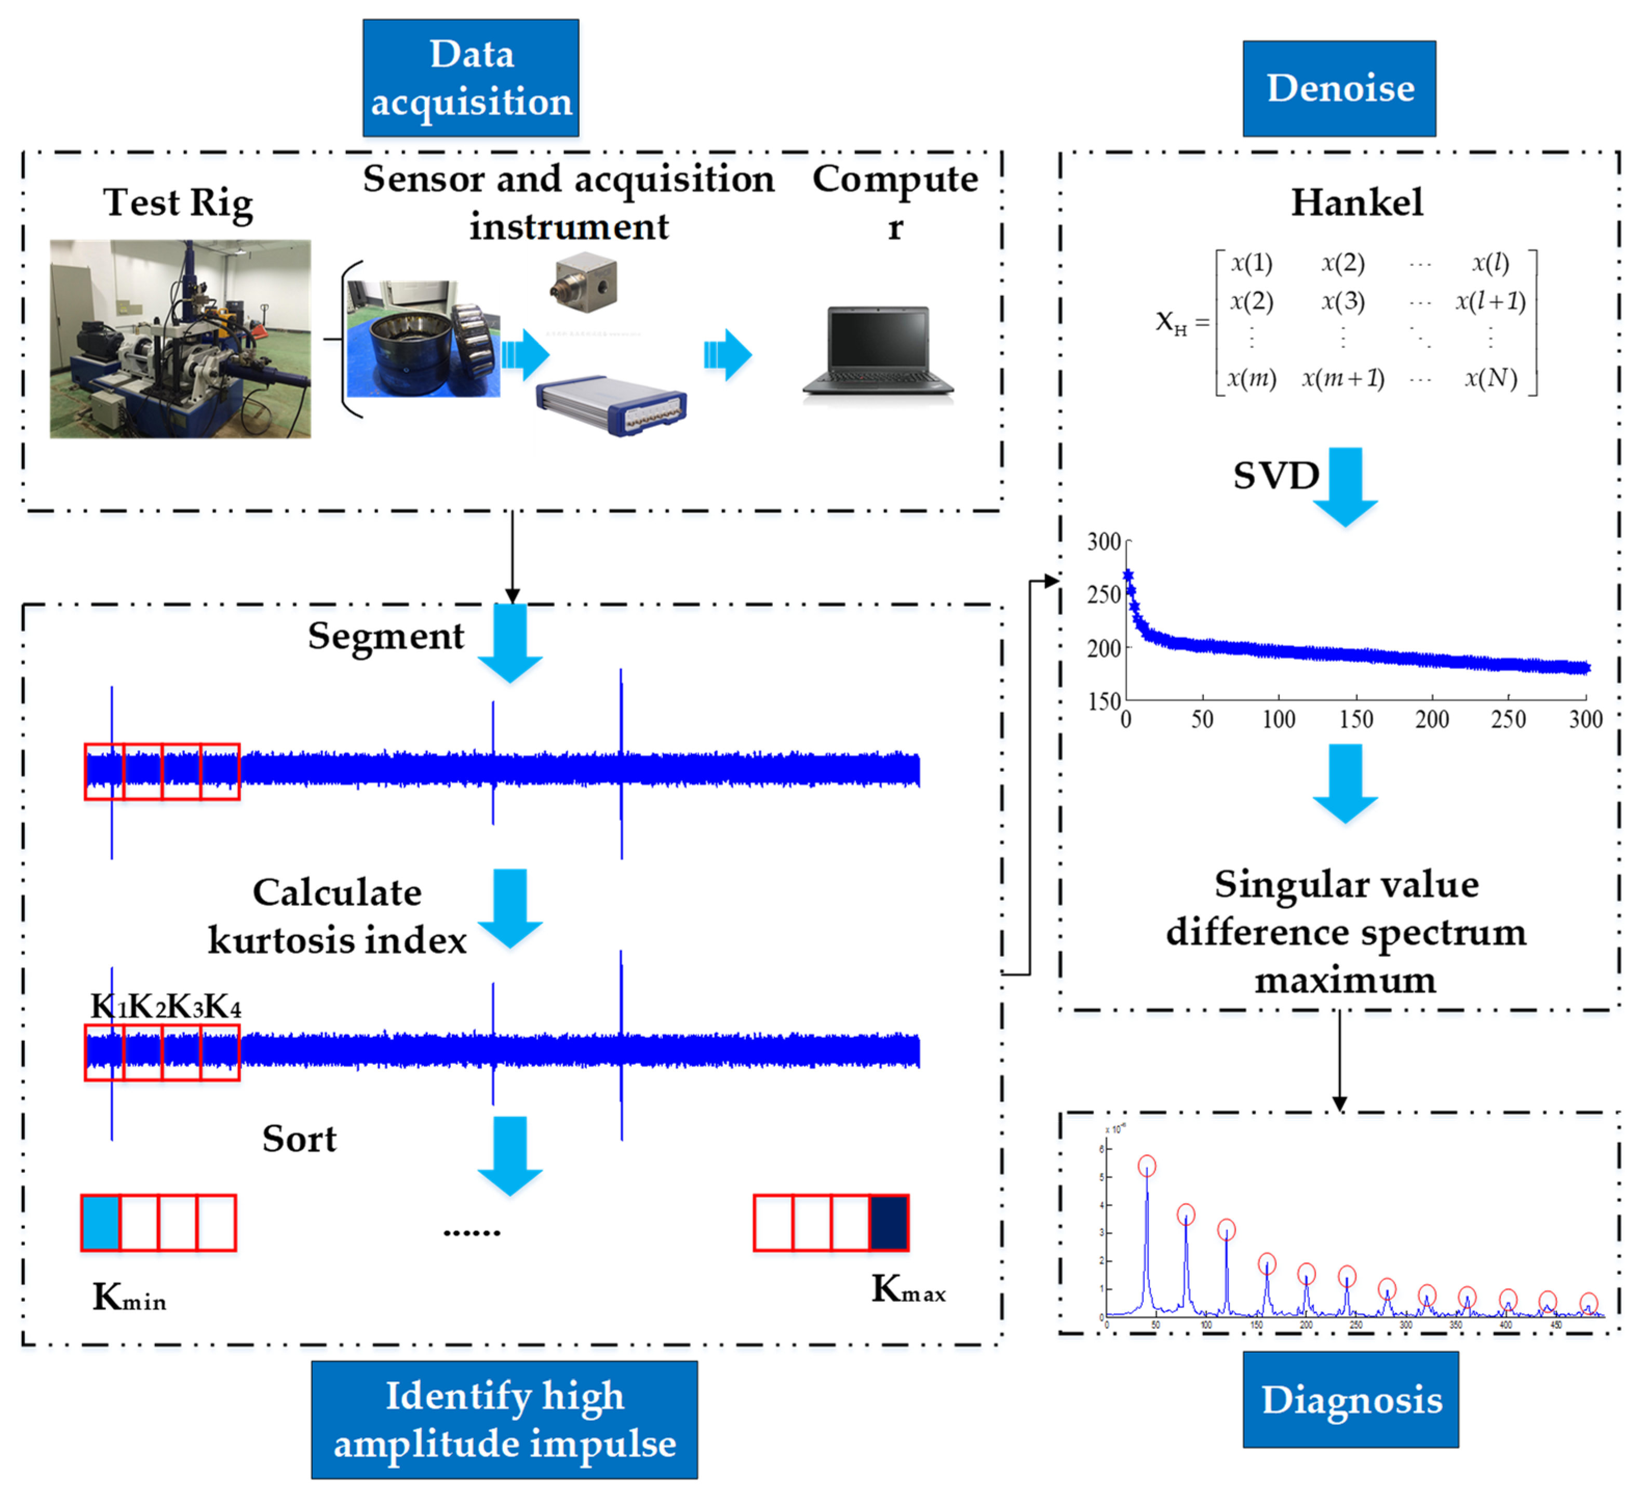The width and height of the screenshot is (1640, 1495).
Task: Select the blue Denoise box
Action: (1339, 88)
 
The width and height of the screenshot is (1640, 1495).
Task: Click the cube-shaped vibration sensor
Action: (584, 283)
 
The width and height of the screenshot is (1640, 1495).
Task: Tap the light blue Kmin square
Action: (101, 1222)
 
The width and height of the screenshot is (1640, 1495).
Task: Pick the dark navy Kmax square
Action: (889, 1222)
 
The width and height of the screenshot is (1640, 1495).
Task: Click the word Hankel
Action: (1357, 202)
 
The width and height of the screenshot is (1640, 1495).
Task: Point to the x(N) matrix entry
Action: (1490, 378)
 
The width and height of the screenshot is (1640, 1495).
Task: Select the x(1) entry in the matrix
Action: (1251, 263)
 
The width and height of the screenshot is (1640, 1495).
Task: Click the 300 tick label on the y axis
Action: (1104, 542)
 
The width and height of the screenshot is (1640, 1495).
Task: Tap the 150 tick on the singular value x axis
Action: (1356, 719)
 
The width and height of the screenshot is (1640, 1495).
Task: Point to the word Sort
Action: (299, 1139)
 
